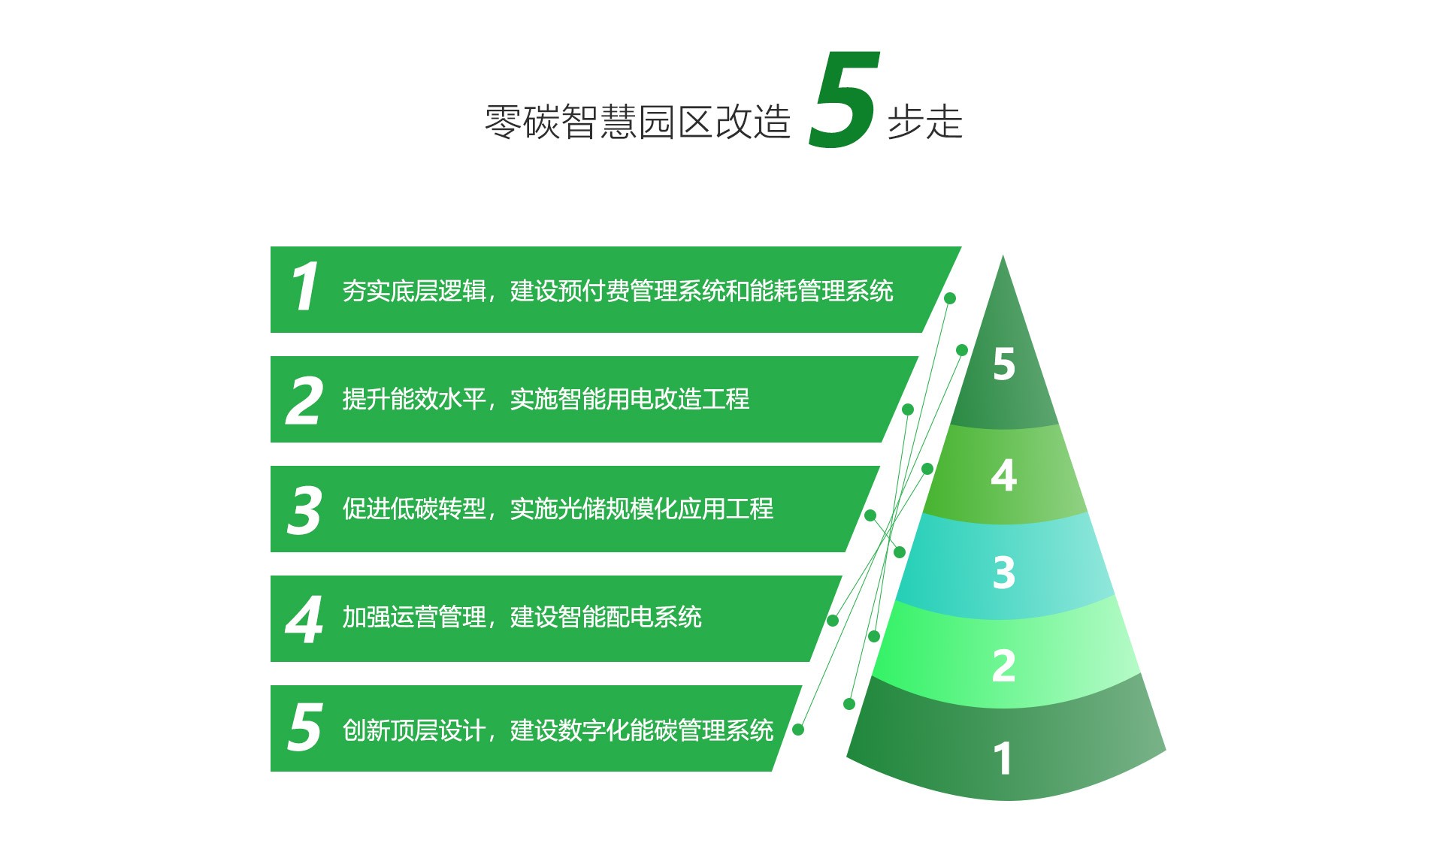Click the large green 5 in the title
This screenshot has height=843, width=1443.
pos(844,99)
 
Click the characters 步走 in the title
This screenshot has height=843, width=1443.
pos(925,122)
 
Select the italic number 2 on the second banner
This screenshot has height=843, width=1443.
pos(304,400)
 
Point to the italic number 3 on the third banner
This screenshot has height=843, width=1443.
pos(304,510)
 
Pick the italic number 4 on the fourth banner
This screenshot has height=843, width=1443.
pos(304,620)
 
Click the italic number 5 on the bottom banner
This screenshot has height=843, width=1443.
pos(305,727)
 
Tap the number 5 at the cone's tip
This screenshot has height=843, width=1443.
pos(1004,364)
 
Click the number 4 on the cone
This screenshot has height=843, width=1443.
pos(1004,476)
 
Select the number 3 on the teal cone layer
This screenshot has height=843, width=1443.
pos(1004,573)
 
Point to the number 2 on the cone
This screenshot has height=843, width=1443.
pos(1004,666)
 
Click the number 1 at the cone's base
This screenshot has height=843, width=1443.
pos(1003,758)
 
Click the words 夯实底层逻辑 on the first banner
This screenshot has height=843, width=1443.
pos(414,291)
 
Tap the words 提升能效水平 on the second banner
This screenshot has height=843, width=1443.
pos(414,399)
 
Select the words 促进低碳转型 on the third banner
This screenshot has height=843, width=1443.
pos(414,509)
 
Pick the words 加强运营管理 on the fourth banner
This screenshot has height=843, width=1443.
pos(414,618)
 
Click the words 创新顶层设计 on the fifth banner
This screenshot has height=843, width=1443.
pos(414,730)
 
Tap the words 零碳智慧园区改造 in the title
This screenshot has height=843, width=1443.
pos(638,122)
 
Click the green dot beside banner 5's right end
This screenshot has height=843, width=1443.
pos(798,730)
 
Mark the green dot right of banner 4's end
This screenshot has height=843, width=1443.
pos(833,621)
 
